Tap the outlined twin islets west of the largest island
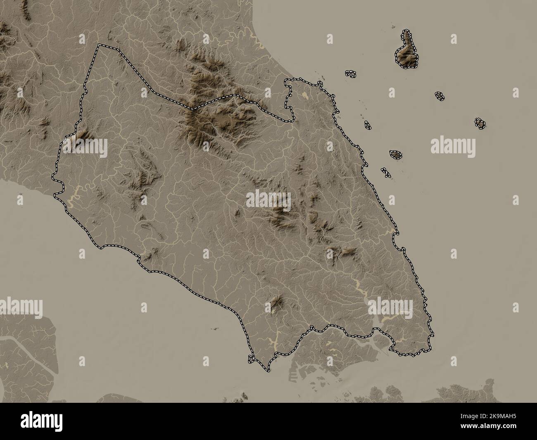tap(351, 74)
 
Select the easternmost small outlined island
tap(480, 123)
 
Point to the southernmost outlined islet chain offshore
tap(385, 172)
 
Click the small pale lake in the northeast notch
tap(305, 95)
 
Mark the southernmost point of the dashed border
tap(267, 369)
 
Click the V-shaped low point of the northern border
tap(192, 108)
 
